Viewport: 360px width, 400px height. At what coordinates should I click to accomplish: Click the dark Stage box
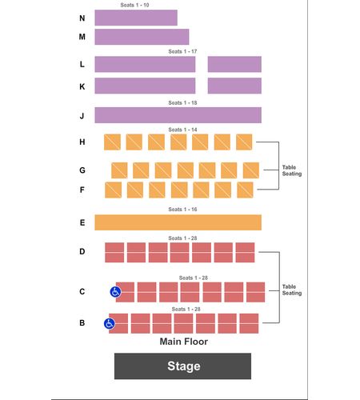[x=182, y=366]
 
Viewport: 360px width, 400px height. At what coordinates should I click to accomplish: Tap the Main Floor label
[x=184, y=342]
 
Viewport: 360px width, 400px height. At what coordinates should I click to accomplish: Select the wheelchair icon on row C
[x=115, y=292]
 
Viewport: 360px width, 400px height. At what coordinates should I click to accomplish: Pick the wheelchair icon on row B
[x=109, y=323]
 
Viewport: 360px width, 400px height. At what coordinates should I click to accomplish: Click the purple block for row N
[x=136, y=18]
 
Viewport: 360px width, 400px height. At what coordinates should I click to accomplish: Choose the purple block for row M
[x=142, y=37]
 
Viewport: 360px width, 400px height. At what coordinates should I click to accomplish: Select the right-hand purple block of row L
[x=234, y=64]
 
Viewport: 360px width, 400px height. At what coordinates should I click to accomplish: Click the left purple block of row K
[x=145, y=86]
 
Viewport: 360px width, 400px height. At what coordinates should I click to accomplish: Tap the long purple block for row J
[x=178, y=115]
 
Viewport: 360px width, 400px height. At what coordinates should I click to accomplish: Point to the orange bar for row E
[x=178, y=222]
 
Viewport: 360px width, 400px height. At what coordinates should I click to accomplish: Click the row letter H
[x=82, y=142]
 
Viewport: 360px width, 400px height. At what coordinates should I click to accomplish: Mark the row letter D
[x=82, y=251]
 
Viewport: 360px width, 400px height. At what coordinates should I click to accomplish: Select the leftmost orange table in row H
[x=112, y=142]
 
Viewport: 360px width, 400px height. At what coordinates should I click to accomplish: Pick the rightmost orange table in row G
[x=251, y=170]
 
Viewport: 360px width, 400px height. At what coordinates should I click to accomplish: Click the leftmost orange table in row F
[x=114, y=190]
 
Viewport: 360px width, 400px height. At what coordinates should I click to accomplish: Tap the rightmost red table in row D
[x=245, y=252]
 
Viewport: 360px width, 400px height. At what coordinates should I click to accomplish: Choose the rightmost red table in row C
[x=256, y=292]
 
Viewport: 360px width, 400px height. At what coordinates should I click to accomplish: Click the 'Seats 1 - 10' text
[x=134, y=5]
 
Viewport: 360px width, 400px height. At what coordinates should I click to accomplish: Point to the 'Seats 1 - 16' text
[x=182, y=210]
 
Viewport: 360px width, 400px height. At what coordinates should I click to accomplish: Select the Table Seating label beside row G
[x=292, y=170]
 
